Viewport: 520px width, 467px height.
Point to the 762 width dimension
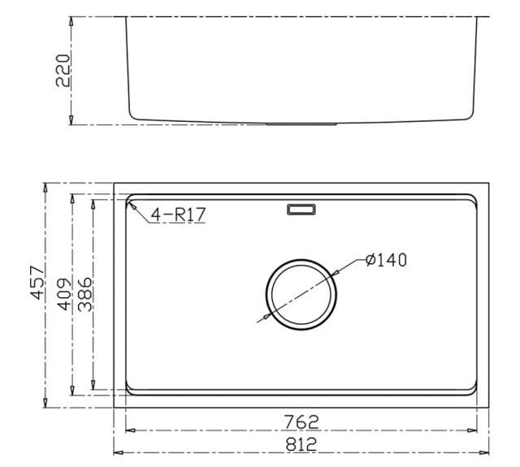(x=301, y=422)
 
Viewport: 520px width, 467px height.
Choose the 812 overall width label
(x=301, y=444)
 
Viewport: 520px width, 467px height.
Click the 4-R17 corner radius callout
(x=177, y=214)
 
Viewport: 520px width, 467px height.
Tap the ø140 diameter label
(x=386, y=260)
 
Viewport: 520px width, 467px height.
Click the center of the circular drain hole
(x=301, y=294)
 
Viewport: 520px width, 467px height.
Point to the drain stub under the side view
(x=302, y=124)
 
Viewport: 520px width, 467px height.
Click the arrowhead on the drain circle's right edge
(x=336, y=274)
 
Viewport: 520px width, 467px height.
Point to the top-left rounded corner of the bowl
(x=132, y=200)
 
